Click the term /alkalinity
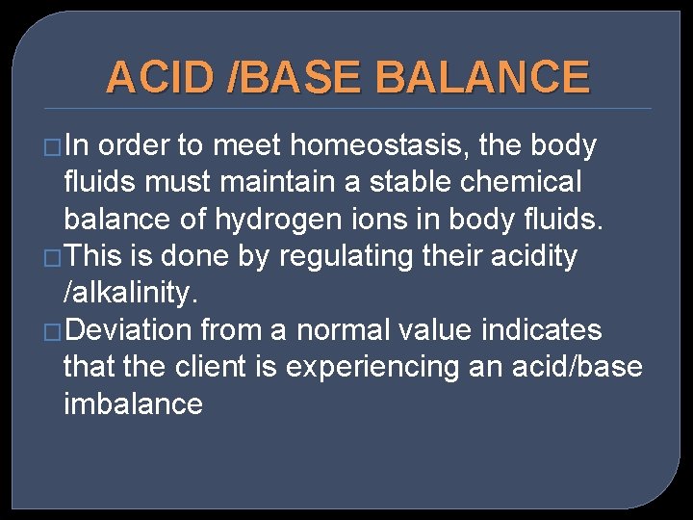point(131,292)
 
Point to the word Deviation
point(131,330)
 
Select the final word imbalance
point(133,403)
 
